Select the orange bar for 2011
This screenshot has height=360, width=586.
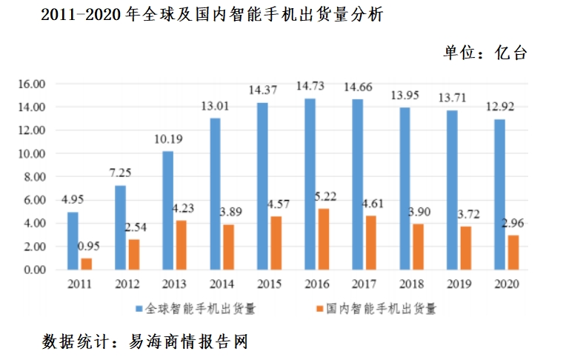[87, 264]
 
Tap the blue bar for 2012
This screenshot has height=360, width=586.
[121, 227]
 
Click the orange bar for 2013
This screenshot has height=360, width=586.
[182, 245]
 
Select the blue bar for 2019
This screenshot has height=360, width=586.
[452, 190]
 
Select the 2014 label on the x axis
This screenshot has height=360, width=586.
[223, 284]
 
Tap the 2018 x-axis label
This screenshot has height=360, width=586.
[412, 284]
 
